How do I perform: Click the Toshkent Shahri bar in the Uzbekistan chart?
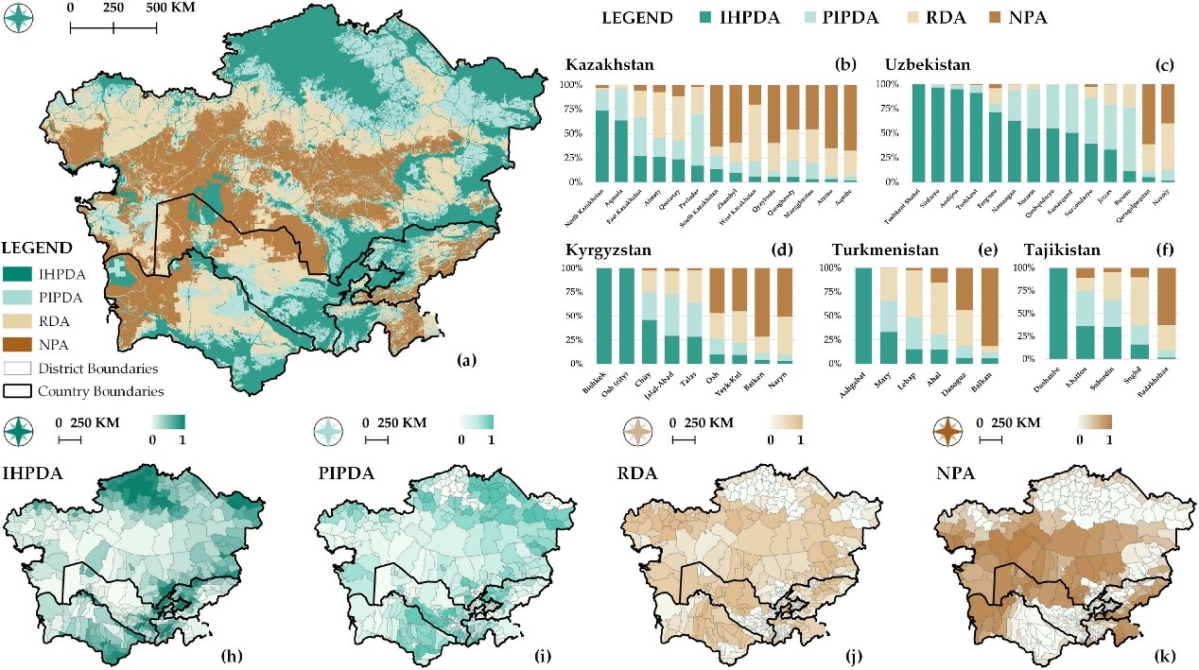(x=917, y=132)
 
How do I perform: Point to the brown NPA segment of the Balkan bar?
(x=987, y=307)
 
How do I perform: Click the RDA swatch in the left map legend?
(x=22, y=322)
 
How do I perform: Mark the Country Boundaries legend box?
(x=22, y=390)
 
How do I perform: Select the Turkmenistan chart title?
(x=886, y=250)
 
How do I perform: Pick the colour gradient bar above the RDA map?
(x=785, y=421)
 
